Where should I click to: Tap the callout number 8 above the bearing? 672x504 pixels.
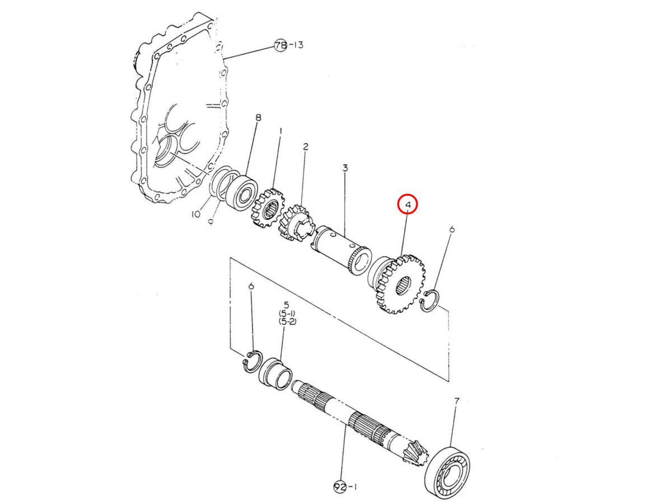pyautogui.click(x=258, y=118)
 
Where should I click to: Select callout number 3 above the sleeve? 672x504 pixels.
pyautogui.click(x=345, y=168)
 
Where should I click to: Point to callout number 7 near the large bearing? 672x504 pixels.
pyautogui.click(x=456, y=400)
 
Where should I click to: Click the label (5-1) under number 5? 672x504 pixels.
pyautogui.click(x=287, y=314)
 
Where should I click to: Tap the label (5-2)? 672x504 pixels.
pyautogui.click(x=287, y=321)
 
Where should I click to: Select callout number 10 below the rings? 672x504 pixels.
pyautogui.click(x=195, y=214)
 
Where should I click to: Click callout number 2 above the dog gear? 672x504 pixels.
pyautogui.click(x=305, y=147)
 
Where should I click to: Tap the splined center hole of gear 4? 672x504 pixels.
pyautogui.click(x=404, y=285)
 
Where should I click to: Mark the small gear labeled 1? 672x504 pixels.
pyautogui.click(x=268, y=208)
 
